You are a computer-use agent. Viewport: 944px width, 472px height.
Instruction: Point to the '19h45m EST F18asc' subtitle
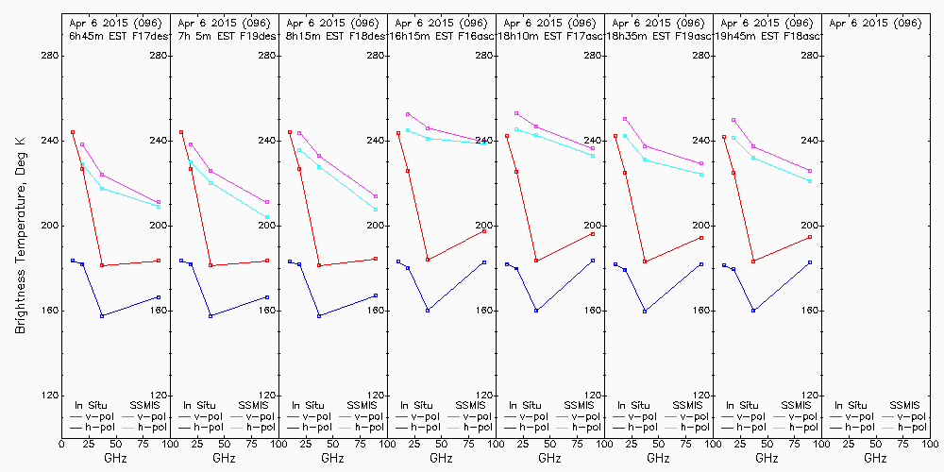(766, 35)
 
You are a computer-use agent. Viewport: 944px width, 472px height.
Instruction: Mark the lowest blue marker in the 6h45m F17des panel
(102, 315)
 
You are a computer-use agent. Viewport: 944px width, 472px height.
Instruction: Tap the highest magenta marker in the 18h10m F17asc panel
(515, 113)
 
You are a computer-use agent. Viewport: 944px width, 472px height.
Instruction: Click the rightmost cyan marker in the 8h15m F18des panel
(376, 210)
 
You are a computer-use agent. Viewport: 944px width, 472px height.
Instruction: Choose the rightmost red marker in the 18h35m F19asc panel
(701, 238)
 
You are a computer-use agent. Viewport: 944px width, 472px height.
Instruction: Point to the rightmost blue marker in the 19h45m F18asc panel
(810, 262)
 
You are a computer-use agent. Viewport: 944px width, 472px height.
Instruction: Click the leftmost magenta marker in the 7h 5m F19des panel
(191, 144)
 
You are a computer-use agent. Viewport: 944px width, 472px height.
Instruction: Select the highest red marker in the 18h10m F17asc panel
(507, 136)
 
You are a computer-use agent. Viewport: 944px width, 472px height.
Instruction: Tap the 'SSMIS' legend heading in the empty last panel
(904, 405)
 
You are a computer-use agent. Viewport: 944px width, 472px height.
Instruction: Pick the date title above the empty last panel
(874, 22)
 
